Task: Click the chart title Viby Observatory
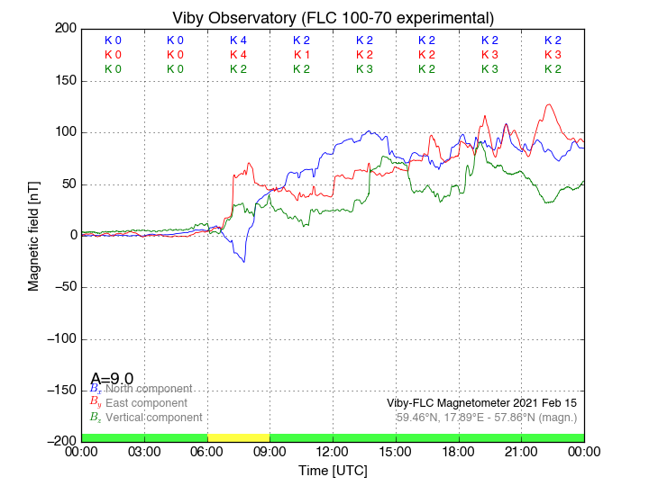[x=333, y=18]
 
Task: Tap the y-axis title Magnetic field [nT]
[x=34, y=235]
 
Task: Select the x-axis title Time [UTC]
[x=333, y=471]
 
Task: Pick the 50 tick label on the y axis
[x=66, y=184]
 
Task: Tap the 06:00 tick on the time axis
[x=207, y=451]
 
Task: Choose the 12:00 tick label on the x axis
[x=333, y=451]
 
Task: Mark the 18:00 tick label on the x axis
[x=459, y=451]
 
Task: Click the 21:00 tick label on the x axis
[x=521, y=451]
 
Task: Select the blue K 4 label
[x=238, y=40]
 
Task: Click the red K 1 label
[x=301, y=55]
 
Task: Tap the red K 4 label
[x=238, y=55]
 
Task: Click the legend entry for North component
[x=148, y=389]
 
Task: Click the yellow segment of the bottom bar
[x=238, y=437]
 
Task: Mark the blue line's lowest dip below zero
[x=242, y=262]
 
